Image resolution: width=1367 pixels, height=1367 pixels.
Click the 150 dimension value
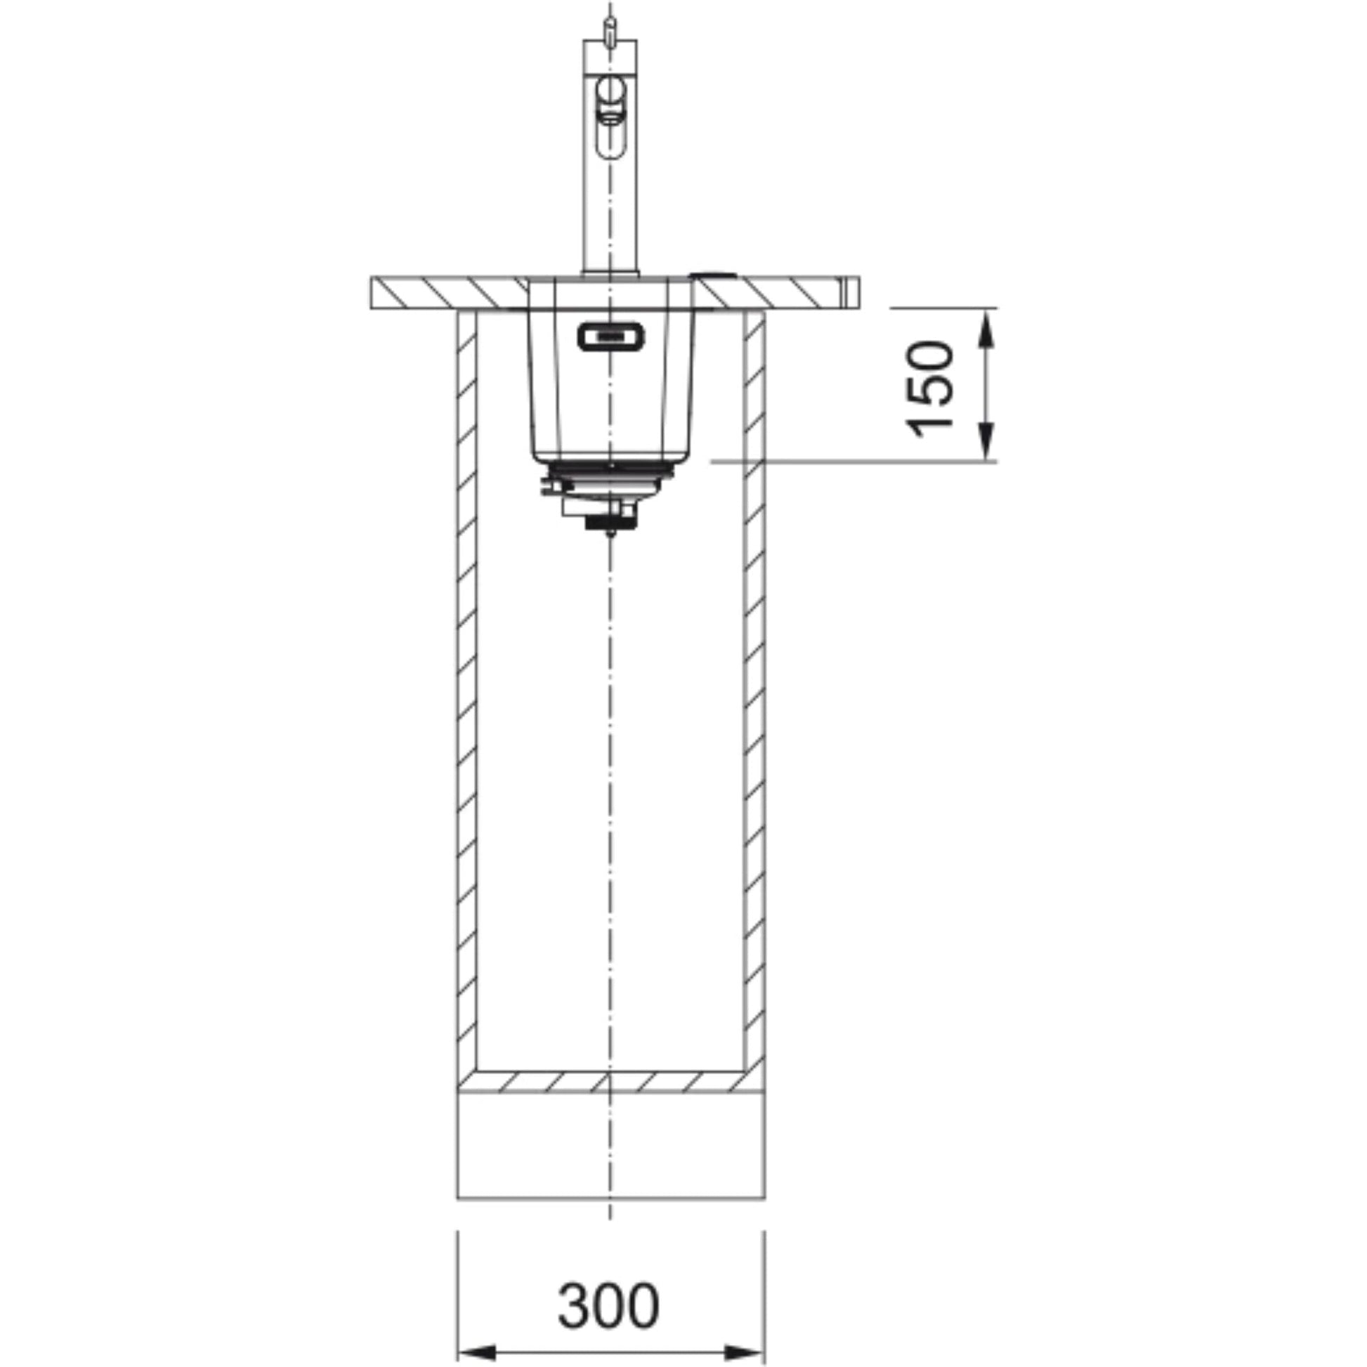point(929,389)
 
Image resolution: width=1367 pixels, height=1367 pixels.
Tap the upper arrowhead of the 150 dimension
point(988,329)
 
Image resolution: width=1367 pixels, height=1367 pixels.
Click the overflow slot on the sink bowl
point(610,336)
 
